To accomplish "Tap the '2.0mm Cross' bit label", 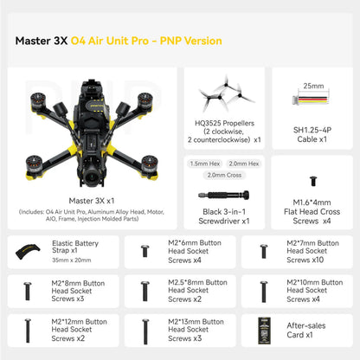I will coord(222,176).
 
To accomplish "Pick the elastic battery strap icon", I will coord(30,252).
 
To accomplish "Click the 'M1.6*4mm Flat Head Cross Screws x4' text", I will coord(312,214).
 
